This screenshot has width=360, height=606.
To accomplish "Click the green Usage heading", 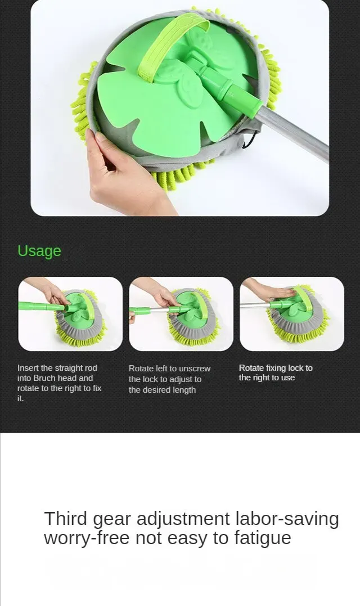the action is pyautogui.click(x=39, y=251).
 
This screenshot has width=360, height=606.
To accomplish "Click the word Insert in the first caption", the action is pyautogui.click(x=28, y=368).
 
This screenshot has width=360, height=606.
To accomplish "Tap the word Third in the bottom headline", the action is pyautogui.click(x=66, y=518).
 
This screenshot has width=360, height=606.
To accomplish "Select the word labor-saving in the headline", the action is pyautogui.click(x=287, y=519).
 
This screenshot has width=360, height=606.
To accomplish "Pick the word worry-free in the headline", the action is pyautogui.click(x=87, y=538).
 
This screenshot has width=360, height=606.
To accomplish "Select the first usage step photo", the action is pyautogui.click(x=70, y=314).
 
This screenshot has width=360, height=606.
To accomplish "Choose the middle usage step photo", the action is pyautogui.click(x=181, y=314).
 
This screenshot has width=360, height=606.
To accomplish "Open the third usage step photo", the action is pyautogui.click(x=291, y=314).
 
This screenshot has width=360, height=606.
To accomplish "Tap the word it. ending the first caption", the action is pyautogui.click(x=20, y=398).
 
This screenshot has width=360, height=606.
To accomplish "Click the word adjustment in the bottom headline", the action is pyautogui.click(x=183, y=519).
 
